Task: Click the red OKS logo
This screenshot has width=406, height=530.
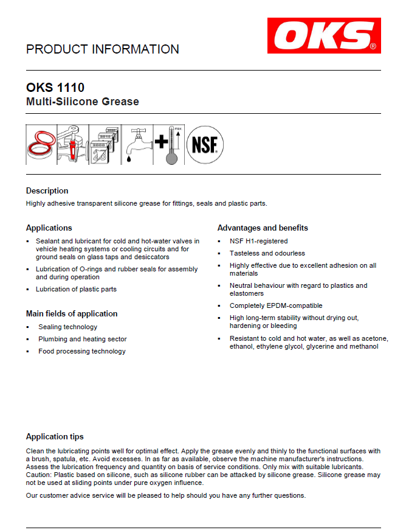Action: (324, 35)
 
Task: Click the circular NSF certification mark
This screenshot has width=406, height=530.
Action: (205, 145)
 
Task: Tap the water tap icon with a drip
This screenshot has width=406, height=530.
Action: (136, 145)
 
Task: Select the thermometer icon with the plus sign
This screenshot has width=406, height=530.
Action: (168, 145)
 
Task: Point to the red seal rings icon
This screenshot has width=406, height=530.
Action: (41, 145)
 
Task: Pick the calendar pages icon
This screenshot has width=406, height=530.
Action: (104, 145)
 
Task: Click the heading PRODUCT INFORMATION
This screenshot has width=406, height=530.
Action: (103, 49)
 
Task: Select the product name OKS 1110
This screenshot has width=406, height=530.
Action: (55, 87)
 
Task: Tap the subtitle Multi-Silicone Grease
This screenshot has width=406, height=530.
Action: (83, 102)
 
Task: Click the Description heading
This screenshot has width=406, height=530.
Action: (47, 190)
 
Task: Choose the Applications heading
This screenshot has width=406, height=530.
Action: (49, 228)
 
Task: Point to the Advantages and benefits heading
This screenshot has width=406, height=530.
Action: (263, 228)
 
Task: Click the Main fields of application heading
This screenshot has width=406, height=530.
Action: (72, 313)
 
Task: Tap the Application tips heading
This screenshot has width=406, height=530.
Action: (55, 436)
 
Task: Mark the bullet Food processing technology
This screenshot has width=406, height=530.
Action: (82, 351)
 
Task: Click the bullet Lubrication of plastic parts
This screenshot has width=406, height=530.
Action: (76, 289)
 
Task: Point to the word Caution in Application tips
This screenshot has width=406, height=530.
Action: (40, 475)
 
